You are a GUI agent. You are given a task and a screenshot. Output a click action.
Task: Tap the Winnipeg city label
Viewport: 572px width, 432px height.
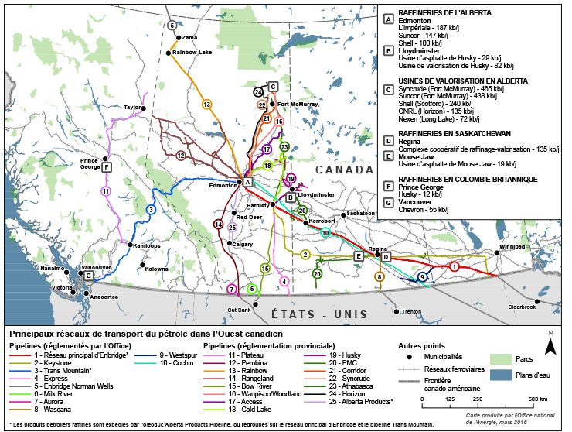(x=512, y=247)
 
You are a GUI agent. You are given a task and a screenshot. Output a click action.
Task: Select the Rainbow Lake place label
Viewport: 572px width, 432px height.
(x=192, y=53)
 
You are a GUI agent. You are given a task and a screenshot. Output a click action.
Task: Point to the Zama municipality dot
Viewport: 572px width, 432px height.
(x=179, y=37)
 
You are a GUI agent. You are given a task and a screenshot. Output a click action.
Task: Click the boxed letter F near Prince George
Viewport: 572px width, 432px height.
(x=106, y=166)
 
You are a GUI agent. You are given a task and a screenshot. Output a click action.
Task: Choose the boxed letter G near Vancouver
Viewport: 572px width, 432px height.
(x=89, y=276)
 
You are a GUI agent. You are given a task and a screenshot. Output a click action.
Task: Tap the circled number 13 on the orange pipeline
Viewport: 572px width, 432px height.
(x=206, y=104)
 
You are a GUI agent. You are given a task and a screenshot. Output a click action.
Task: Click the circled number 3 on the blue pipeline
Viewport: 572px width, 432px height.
(x=152, y=209)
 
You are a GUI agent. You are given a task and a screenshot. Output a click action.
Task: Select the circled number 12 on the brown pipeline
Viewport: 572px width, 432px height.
(x=180, y=155)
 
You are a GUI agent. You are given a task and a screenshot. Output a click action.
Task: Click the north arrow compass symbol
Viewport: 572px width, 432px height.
(x=550, y=343)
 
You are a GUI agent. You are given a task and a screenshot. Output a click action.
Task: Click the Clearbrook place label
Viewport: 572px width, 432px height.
(x=521, y=307)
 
